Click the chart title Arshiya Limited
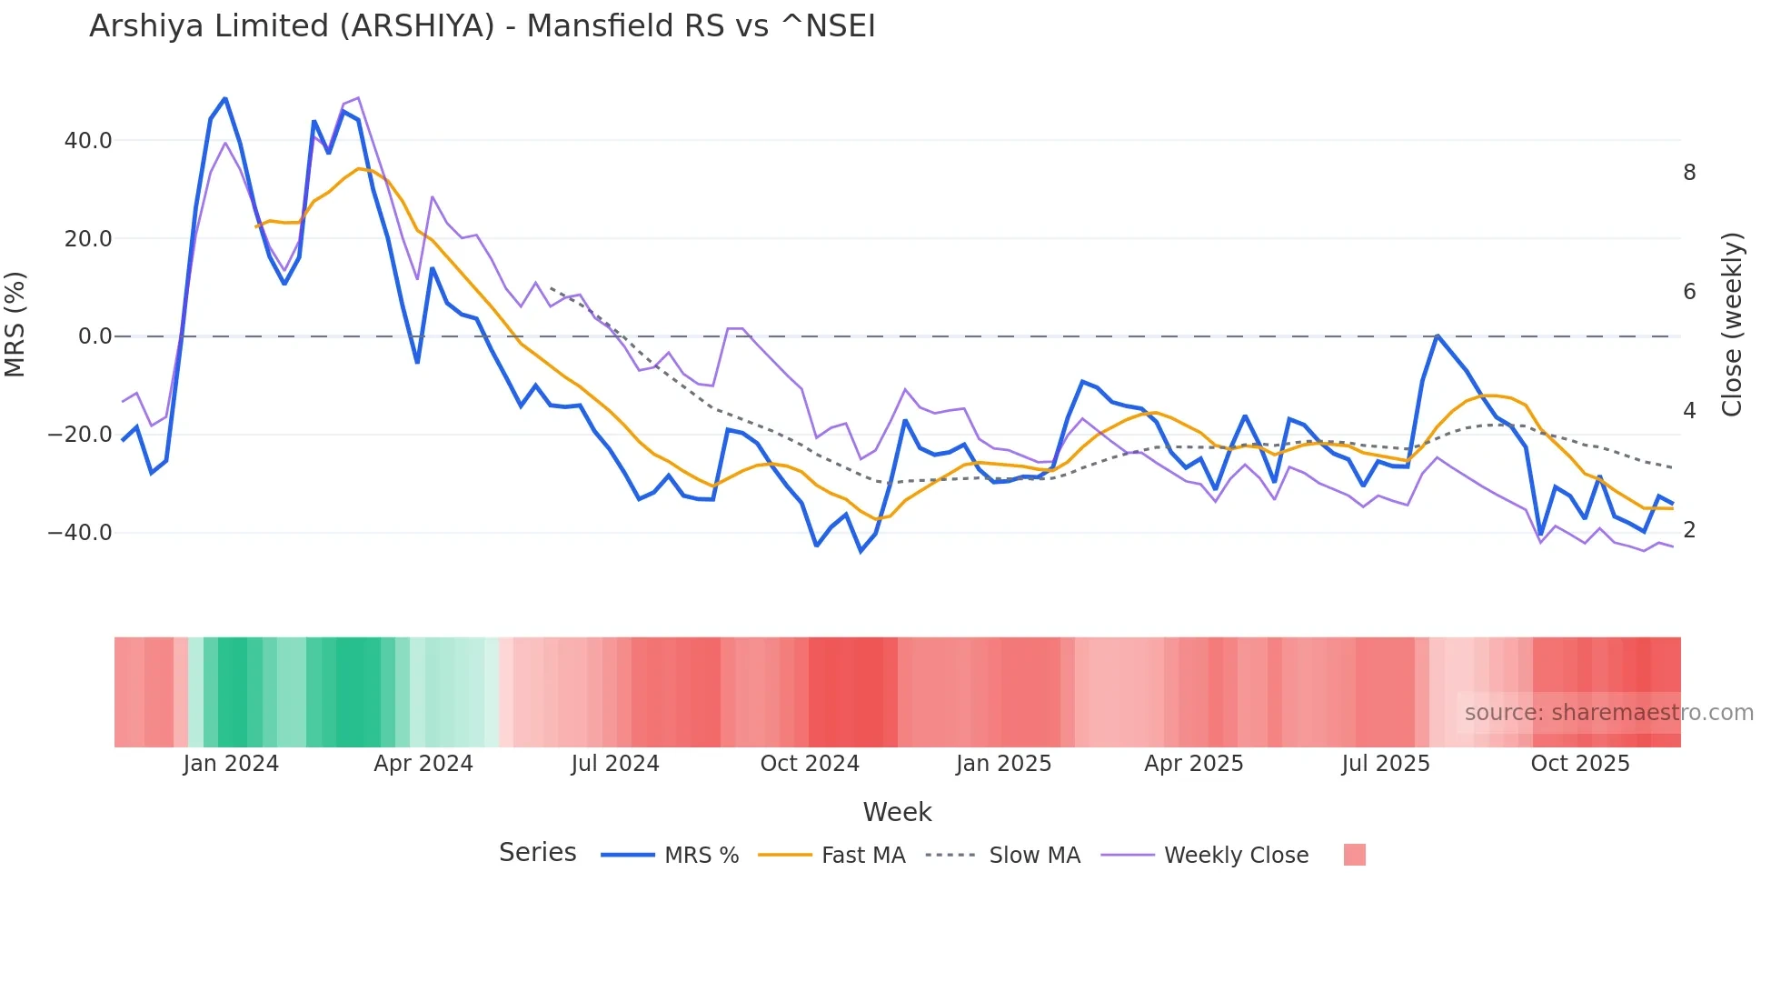pos(482,26)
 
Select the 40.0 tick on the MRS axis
pos(88,141)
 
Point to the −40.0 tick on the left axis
pos(80,533)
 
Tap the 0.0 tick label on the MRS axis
pos(95,336)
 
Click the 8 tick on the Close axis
pos(1689,173)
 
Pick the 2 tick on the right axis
pos(1689,530)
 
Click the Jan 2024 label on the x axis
pos(231,764)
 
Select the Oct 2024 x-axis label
pos(810,764)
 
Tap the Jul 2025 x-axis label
pos(1386,764)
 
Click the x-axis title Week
pos(897,812)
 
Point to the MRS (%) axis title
pos(15,324)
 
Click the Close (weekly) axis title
pos(1732,325)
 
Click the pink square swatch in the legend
pos(1354,855)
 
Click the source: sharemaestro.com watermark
pos(1608,713)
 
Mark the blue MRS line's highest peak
pos(224,98)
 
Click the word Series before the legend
pos(537,853)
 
